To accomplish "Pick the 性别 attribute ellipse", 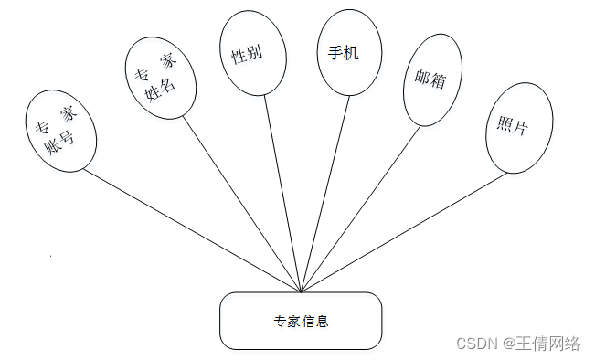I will point(247,55).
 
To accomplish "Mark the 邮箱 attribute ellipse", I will point(430,80).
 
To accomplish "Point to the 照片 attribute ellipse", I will point(513,128).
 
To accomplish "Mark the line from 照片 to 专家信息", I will point(403,232).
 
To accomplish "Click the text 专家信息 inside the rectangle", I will point(301,322).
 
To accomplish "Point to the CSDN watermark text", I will point(476,343).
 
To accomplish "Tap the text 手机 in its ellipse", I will point(344,53).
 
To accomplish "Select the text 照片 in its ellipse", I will point(513,127).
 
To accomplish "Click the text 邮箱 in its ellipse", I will point(430,80).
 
